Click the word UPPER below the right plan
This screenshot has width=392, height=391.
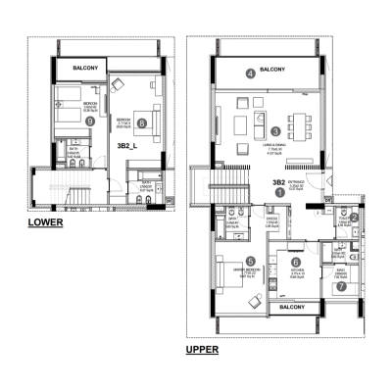[203, 348]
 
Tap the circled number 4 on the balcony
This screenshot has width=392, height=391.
[250, 73]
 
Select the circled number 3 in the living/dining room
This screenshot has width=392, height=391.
[276, 130]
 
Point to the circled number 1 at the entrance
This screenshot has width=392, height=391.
[279, 193]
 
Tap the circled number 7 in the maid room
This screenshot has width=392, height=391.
[341, 286]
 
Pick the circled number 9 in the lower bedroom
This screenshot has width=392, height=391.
[63, 122]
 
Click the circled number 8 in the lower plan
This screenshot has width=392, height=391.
[142, 123]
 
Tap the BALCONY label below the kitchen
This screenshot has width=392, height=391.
[290, 308]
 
